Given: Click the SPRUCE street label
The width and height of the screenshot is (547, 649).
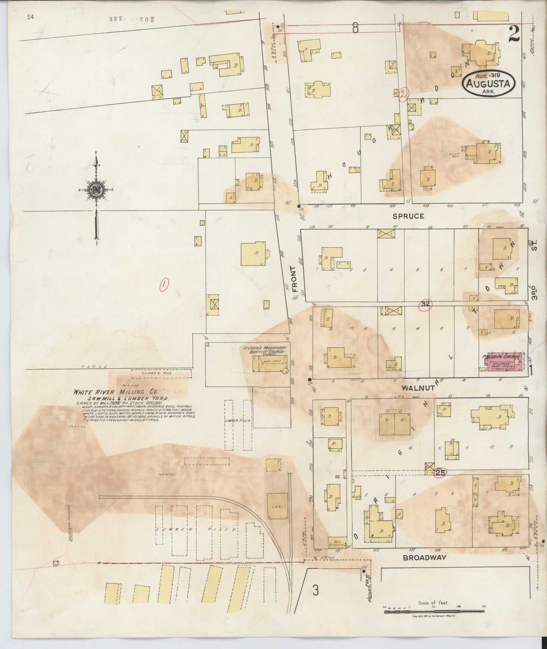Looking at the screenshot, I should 408,216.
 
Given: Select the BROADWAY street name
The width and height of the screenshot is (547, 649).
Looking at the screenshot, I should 425,557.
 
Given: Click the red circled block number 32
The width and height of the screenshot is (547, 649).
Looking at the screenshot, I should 425,304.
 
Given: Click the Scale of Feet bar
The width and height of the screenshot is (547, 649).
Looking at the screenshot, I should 434,612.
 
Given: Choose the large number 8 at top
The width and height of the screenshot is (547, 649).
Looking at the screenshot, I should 355,28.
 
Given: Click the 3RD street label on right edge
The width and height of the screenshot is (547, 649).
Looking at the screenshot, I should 535,293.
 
